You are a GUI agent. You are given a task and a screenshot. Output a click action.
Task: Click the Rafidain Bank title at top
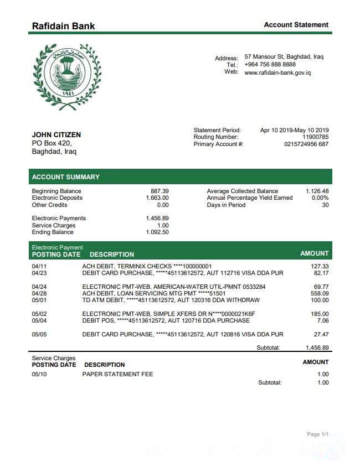click(x=63, y=26)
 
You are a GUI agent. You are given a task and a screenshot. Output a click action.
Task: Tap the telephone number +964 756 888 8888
click(x=270, y=65)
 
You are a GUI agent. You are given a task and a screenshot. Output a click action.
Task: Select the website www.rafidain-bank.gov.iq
click(x=277, y=72)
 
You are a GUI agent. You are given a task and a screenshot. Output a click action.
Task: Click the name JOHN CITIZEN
click(x=56, y=134)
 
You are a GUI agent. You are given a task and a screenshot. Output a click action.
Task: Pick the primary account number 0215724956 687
click(x=306, y=144)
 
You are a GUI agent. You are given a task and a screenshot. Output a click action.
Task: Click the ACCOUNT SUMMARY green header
click(x=66, y=177)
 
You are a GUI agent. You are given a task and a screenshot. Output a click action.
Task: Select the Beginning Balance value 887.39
click(x=160, y=191)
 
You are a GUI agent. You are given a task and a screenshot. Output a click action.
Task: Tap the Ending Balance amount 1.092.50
click(x=157, y=232)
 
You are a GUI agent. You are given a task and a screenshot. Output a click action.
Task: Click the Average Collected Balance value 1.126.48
click(x=317, y=191)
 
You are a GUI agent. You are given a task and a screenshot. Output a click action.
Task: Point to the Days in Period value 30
click(x=325, y=205)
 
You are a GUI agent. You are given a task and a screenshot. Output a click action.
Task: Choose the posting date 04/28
click(x=39, y=293)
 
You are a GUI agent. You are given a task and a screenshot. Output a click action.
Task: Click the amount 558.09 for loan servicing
click(x=320, y=293)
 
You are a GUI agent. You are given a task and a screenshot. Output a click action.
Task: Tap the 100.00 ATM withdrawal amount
click(x=320, y=300)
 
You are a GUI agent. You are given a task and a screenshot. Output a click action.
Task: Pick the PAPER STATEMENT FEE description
click(x=117, y=375)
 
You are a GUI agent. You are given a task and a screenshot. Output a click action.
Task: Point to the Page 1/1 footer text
click(x=318, y=434)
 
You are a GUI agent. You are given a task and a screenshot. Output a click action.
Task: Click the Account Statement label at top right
click(x=296, y=25)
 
